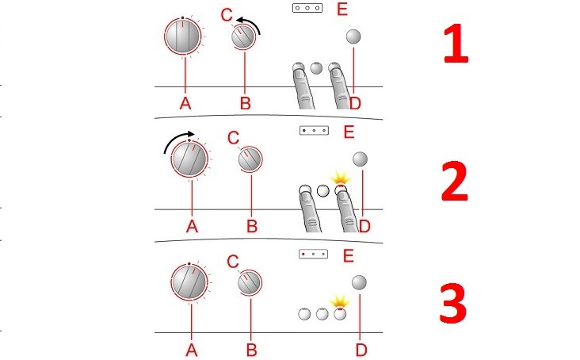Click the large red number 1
coord(456,44)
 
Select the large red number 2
coord(455,182)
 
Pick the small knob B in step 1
coord(242,37)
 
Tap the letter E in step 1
coord(342,9)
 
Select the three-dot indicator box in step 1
coord(307,8)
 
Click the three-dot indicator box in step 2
coord(314,130)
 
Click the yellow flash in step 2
coord(340,178)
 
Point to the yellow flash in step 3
coord(340,301)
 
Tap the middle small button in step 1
coord(316,68)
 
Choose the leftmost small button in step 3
coord(304,314)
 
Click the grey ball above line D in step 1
coord(353,36)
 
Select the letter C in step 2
coord(233,139)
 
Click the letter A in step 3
coord(191,350)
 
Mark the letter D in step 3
coord(361,350)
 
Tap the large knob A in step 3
coord(189,282)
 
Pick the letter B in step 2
coord(252,227)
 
